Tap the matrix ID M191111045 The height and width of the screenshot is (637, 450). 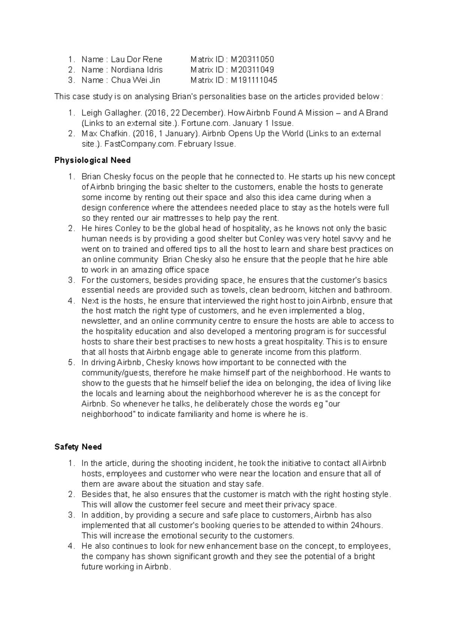coord(254,80)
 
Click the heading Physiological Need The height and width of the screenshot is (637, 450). coord(92,160)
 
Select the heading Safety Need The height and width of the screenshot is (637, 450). coord(78,447)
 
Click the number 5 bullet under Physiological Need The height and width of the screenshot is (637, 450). coord(71,362)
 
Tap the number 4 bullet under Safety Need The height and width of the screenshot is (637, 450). coord(71,546)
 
